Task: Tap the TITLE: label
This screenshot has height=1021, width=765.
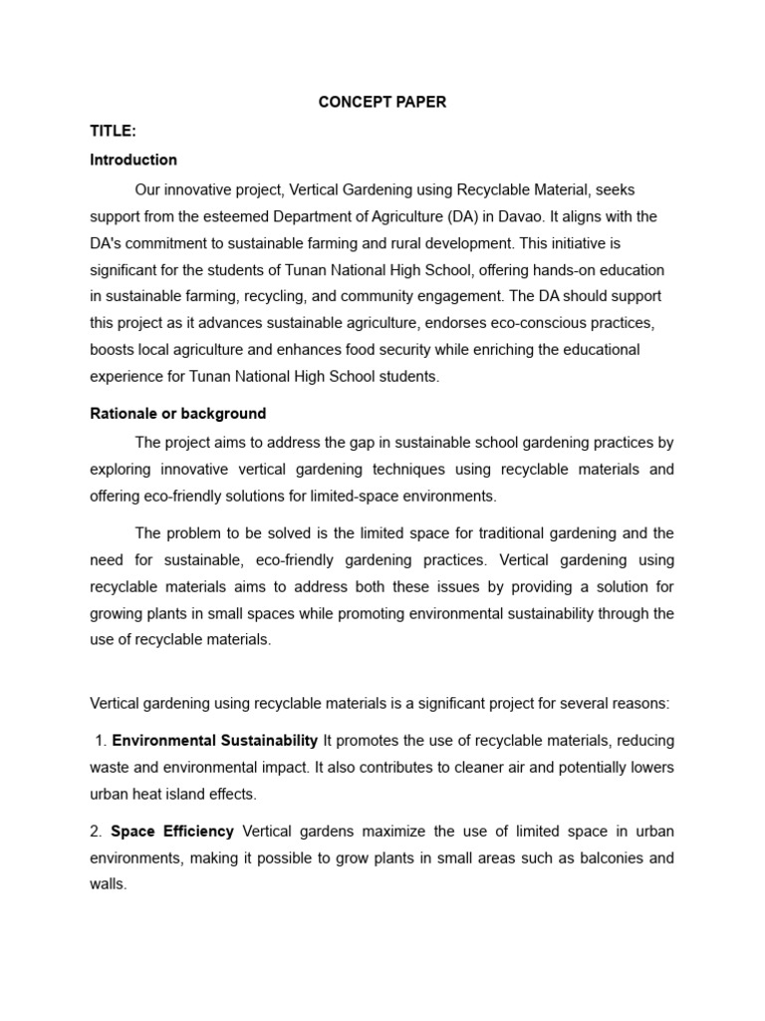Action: pos(113,132)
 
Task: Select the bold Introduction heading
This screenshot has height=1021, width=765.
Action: pos(133,160)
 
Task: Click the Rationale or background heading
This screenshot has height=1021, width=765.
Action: pos(178,413)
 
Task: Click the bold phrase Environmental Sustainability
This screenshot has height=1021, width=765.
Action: pos(214,740)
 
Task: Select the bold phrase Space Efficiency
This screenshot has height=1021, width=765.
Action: pos(172,832)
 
